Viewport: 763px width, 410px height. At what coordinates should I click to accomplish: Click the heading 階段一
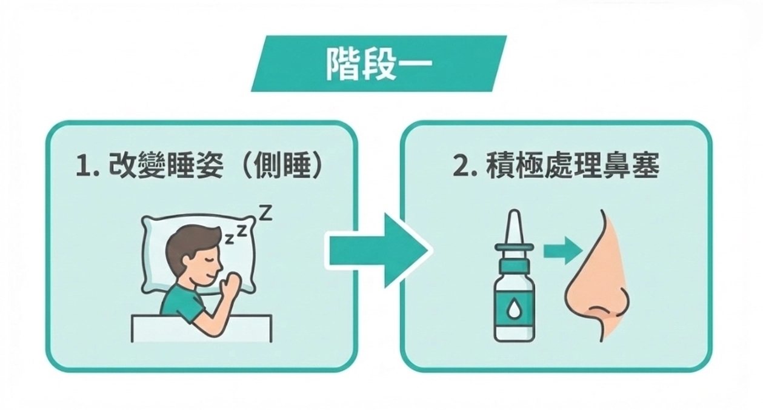tap(379, 64)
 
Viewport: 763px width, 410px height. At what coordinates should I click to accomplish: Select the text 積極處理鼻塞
tap(572, 168)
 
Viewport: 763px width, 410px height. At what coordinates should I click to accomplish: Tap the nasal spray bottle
tap(515, 291)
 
